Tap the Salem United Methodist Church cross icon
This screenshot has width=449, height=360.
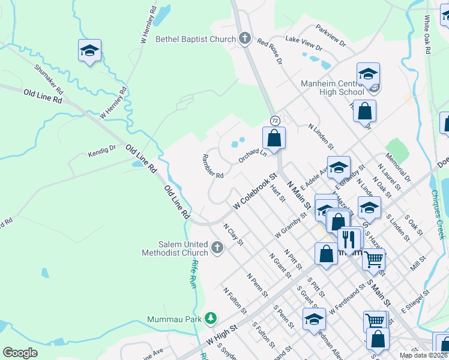[217, 247]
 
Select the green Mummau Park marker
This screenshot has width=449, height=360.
[210, 317]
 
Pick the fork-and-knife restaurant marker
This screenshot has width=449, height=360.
[348, 240]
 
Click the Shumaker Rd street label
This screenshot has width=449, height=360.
[49, 79]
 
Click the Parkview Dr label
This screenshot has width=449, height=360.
[331, 35]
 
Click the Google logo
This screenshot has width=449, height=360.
[20, 353]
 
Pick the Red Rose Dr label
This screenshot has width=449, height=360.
[270, 50]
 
